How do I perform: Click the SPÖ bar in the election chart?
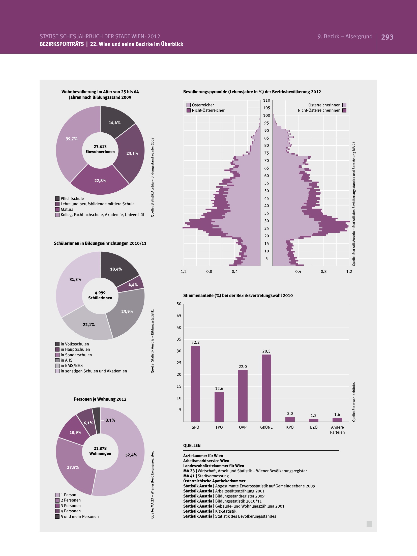pos(195,384)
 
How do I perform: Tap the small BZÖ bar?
pos(314,420)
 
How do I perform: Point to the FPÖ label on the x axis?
pos(219,427)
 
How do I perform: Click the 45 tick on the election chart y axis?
pos(179,316)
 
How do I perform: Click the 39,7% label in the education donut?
pos(72,139)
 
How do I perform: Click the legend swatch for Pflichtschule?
pos(57,198)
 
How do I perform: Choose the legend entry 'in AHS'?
pos(67,360)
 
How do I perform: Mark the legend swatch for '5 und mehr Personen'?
pos(57,516)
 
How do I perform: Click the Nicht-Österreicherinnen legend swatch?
pos(344,110)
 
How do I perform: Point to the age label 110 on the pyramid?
pos(266,100)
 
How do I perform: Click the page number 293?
pos(387,37)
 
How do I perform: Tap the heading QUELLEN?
pos(192,446)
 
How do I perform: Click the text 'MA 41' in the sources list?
pos(189,476)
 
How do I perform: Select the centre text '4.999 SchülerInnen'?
pos(100,295)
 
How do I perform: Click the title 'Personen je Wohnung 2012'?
pos(100,399)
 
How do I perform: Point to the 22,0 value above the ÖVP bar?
pos(243,366)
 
